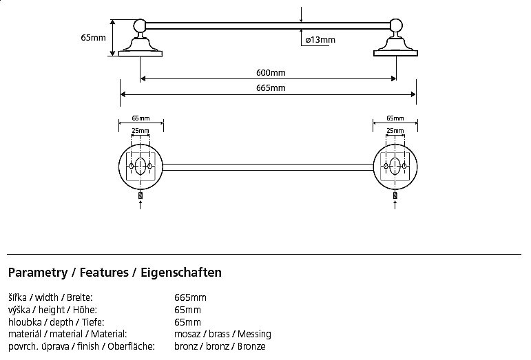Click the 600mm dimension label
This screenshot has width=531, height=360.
coord(268,73)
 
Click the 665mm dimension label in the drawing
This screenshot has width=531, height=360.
coord(268,87)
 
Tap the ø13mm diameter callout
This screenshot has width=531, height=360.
coord(320,40)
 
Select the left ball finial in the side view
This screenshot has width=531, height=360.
coord(140,26)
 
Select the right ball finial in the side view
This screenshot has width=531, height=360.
coord(395,26)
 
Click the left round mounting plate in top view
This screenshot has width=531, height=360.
coord(140,167)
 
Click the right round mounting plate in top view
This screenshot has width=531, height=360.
coord(395,167)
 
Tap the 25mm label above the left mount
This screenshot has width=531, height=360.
coord(140,130)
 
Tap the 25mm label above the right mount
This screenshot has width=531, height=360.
coord(395,130)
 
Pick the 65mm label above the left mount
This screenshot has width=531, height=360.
coord(140,118)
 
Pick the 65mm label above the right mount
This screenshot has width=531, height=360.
coord(395,118)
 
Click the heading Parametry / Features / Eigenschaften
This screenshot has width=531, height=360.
coord(114,273)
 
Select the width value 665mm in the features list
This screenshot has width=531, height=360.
coord(191,297)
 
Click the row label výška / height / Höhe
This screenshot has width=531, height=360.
coord(52,310)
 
